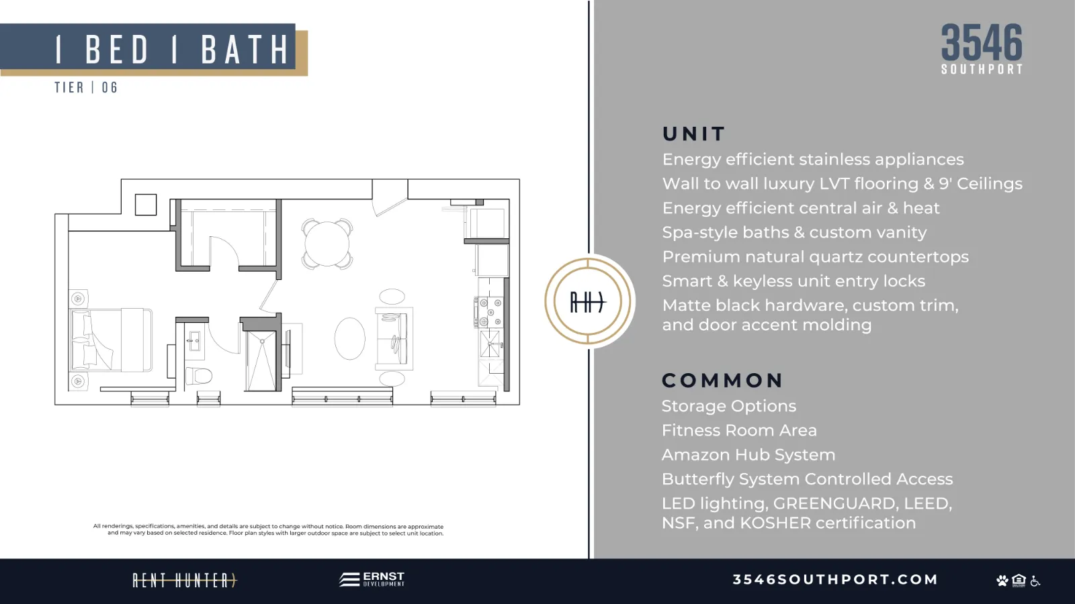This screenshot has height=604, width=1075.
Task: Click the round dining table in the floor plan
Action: [x=327, y=244]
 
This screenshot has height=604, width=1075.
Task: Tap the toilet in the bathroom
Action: [x=199, y=375]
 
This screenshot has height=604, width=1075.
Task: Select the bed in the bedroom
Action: [x=112, y=340]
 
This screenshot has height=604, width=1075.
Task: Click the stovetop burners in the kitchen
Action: [x=489, y=311]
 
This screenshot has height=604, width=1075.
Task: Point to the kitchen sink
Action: [x=490, y=343]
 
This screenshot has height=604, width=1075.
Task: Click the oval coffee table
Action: [x=349, y=338]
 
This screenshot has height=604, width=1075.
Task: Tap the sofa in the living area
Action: [x=394, y=338]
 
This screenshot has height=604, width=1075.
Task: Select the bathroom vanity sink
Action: [x=195, y=342]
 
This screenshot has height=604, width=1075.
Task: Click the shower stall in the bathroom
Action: [x=261, y=360]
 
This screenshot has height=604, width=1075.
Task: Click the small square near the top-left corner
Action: [x=145, y=205]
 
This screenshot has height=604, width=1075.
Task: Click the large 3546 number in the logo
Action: [x=982, y=43]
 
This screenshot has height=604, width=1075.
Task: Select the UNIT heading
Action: [x=693, y=134]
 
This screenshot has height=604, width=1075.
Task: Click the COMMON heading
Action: [x=722, y=381]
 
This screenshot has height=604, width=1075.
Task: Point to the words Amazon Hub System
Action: [x=748, y=454]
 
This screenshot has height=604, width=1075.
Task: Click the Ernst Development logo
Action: [x=372, y=579]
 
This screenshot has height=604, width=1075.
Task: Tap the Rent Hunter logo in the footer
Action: [x=185, y=581]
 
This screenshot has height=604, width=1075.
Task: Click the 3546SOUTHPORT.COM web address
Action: [x=835, y=580]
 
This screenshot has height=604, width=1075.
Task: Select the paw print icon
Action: [x=1002, y=581]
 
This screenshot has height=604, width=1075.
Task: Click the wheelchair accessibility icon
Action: [x=1035, y=581]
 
